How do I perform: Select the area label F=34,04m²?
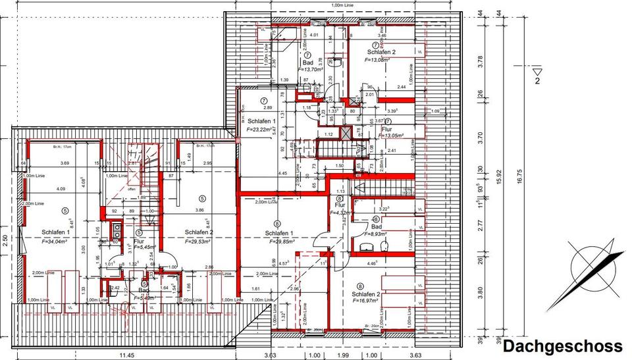[x=55, y=242]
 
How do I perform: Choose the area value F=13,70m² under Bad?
[x=313, y=69]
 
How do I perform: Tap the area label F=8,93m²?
[x=376, y=234]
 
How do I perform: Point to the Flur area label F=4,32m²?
[x=340, y=213]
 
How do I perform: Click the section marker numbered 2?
[x=539, y=81]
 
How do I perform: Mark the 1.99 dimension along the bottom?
[x=342, y=355]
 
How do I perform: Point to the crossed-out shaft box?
[x=346, y=132]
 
